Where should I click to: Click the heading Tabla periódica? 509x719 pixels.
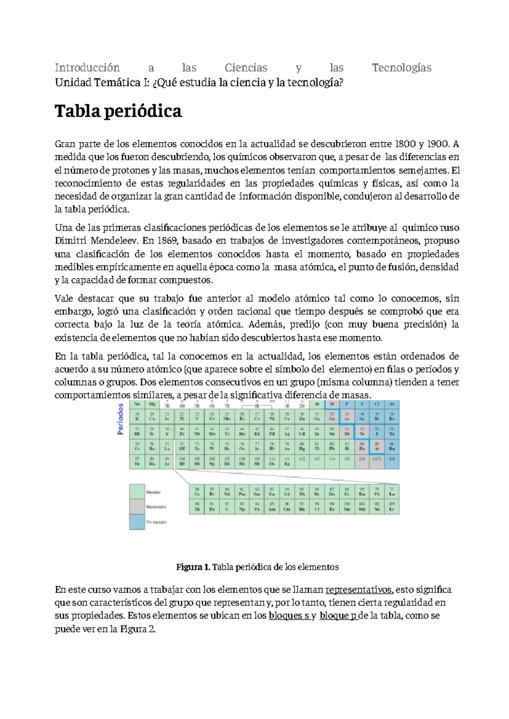point(118,112)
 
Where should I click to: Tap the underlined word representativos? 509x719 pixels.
point(359,590)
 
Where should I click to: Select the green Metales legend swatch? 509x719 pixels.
point(137,492)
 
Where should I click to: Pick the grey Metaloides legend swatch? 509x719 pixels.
point(137,507)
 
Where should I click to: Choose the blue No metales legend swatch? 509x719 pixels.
point(137,522)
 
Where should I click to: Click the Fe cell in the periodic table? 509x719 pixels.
point(242,416)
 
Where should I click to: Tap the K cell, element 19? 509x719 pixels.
point(137,416)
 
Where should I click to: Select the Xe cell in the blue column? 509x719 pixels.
point(392,431)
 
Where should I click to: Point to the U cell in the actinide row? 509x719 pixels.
point(227,507)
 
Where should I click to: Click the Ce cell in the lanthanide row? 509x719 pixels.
point(197,492)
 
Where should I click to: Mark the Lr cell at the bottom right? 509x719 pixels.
point(392,507)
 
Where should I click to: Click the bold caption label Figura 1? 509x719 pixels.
point(193,567)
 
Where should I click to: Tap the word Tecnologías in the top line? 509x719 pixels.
point(401,68)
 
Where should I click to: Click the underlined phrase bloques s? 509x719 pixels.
point(289,616)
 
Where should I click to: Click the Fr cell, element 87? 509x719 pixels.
point(137,462)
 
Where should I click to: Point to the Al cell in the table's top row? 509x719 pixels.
point(317,404)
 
